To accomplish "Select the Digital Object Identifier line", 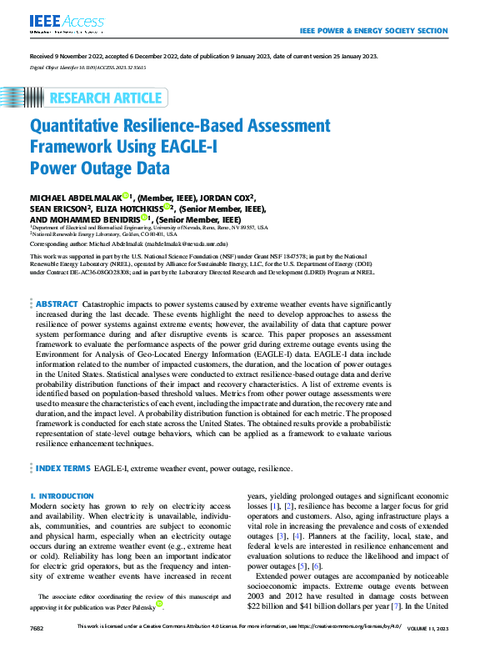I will point(87,67).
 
